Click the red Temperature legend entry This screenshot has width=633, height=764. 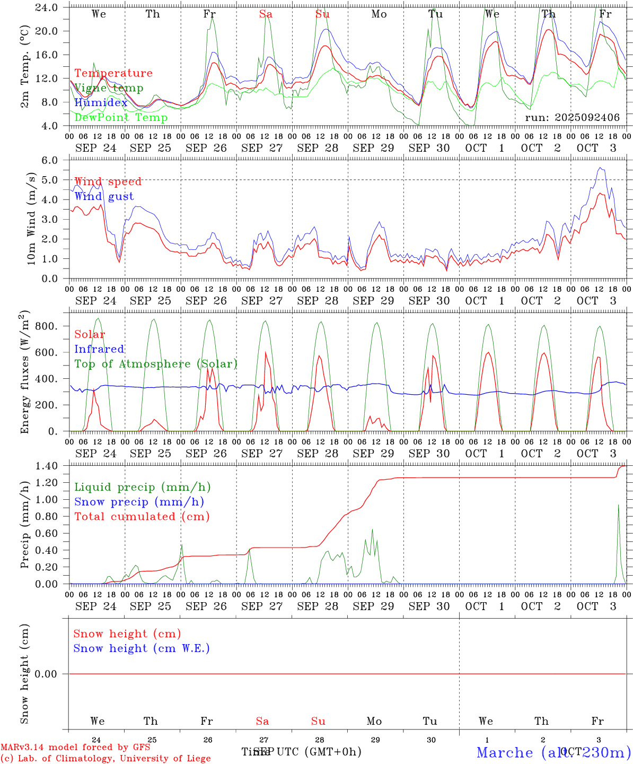(x=113, y=73)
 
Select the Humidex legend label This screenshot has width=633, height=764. (x=101, y=103)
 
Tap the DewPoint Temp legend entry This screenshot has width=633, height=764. (x=121, y=118)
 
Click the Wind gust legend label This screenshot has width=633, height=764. (x=104, y=196)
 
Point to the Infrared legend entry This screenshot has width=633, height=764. (x=99, y=349)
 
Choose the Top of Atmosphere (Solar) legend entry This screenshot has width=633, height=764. (x=155, y=364)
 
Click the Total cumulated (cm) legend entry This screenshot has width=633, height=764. (x=142, y=517)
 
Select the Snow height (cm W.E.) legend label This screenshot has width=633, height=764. (x=141, y=648)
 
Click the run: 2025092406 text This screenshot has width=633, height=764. (x=572, y=118)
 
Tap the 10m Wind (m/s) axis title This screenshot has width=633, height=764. (x=32, y=219)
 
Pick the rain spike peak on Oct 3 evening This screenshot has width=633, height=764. (x=618, y=505)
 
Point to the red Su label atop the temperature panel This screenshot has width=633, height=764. (x=322, y=14)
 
